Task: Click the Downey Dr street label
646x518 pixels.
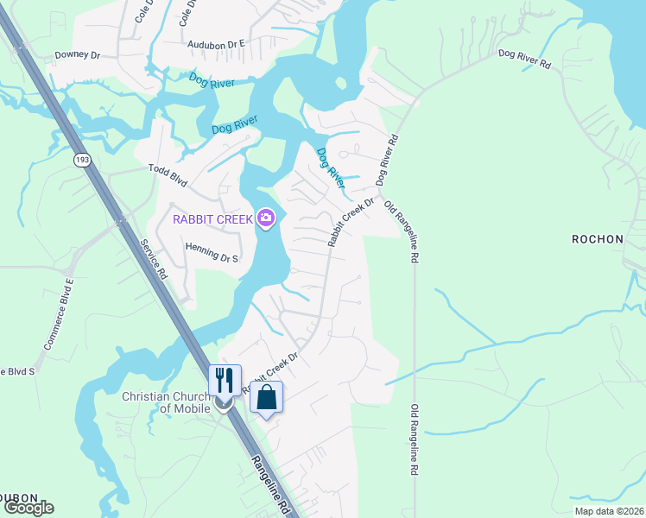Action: point(78,54)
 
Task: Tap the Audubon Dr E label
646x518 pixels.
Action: point(218,41)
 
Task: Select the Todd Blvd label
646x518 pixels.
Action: point(168,170)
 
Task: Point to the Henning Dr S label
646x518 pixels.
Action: point(212,247)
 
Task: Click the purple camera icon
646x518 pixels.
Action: point(266,218)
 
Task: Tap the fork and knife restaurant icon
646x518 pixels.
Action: point(225,380)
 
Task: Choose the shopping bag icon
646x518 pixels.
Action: point(266,397)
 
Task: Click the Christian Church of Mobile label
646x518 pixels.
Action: point(167,403)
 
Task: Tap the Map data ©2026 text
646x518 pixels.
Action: point(608,511)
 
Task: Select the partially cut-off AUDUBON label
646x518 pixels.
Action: point(18,498)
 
